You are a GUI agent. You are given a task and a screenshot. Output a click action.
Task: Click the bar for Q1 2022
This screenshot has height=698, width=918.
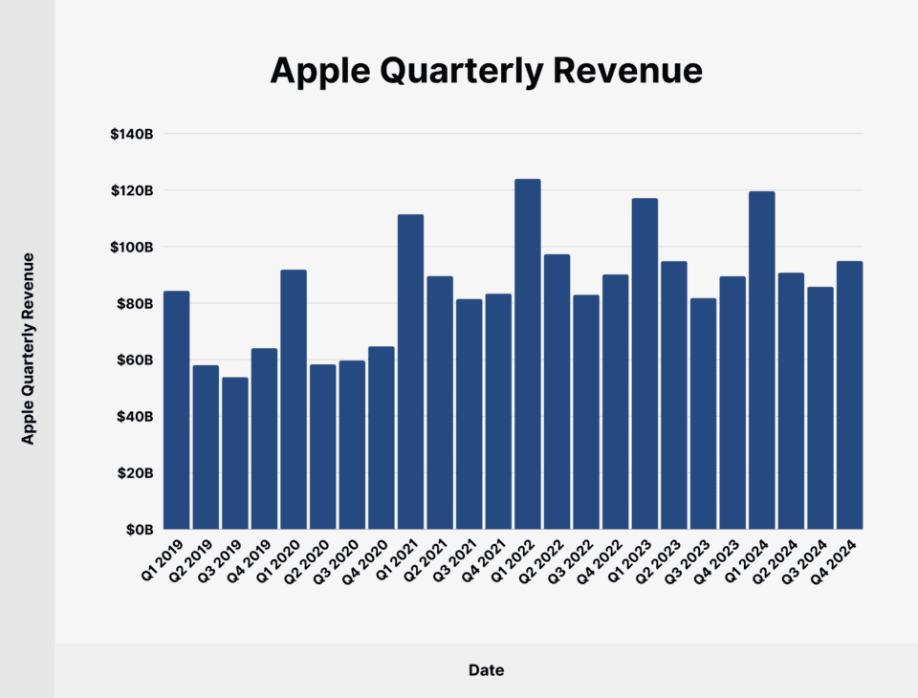527,354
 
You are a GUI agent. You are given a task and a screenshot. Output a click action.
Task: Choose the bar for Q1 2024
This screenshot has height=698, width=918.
761,360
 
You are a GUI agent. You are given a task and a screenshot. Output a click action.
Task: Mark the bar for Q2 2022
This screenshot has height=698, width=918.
557,391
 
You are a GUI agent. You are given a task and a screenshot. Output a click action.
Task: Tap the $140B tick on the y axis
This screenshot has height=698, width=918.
132,135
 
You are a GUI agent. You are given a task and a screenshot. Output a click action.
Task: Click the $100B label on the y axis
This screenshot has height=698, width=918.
132,248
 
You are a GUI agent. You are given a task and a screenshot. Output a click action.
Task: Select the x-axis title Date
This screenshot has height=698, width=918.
486,670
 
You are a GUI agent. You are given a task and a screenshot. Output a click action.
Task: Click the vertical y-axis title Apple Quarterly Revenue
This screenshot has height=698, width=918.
29,348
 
